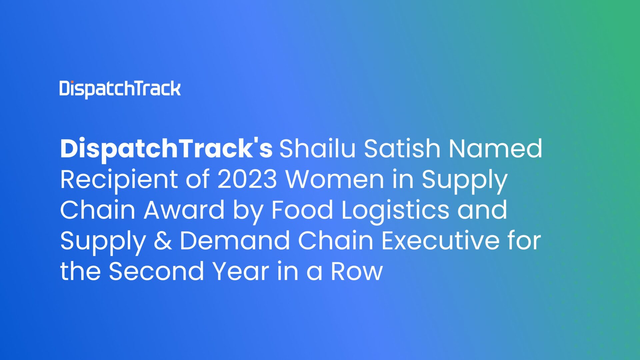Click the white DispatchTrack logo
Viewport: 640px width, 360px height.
coord(120,89)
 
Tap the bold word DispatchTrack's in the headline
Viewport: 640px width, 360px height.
coord(166,149)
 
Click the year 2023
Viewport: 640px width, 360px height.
coord(247,179)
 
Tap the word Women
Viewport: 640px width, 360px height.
coord(335,179)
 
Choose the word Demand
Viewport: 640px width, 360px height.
coord(235,241)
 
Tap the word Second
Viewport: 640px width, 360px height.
coord(156,271)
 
